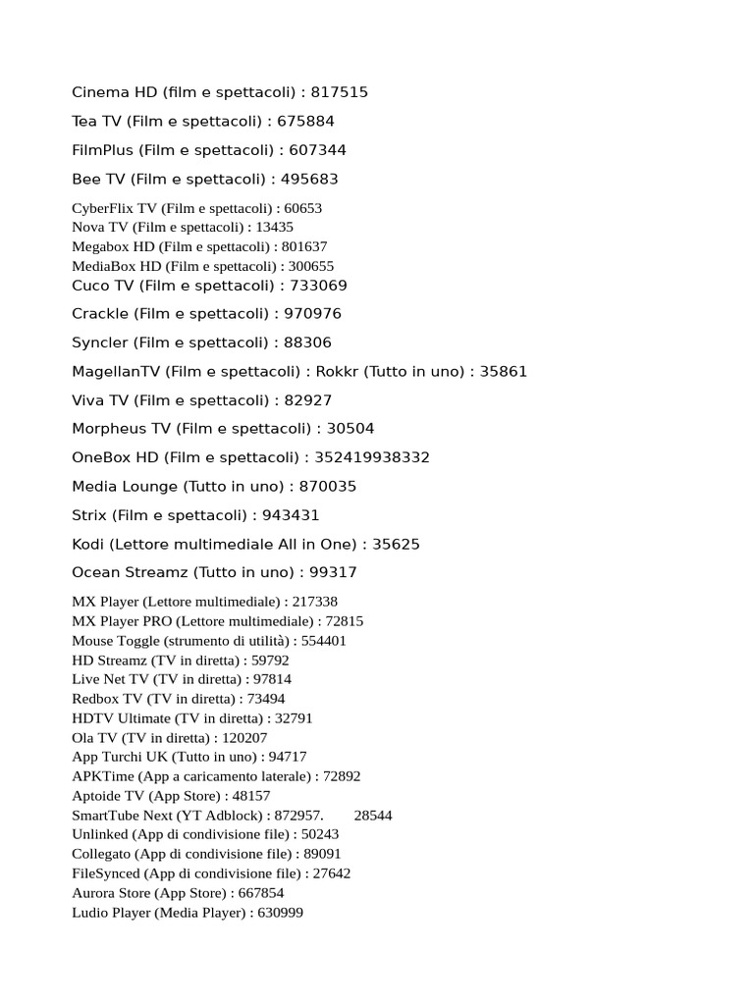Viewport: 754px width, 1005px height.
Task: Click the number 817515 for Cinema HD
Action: click(340, 92)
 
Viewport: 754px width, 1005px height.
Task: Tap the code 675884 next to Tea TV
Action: click(306, 122)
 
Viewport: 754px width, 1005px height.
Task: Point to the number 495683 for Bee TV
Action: click(309, 180)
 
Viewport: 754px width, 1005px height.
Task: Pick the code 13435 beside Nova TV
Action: click(274, 227)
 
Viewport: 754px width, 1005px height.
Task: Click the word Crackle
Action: click(100, 314)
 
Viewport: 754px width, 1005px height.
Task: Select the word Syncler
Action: click(100, 343)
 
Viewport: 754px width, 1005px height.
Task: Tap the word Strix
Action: click(89, 515)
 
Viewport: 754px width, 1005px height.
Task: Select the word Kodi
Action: click(87, 544)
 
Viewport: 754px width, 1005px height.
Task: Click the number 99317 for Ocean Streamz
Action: click(334, 572)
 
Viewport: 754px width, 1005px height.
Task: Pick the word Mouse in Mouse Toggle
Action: click(93, 641)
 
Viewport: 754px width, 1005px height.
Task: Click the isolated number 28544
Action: click(373, 816)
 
